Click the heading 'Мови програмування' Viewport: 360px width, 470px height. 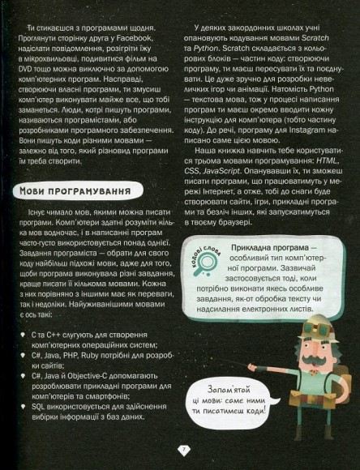coord(74,194)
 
